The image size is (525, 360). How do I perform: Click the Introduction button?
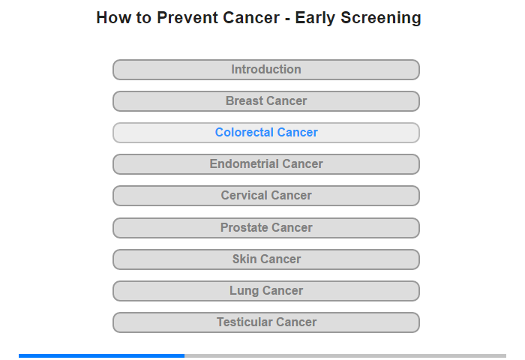tap(266, 70)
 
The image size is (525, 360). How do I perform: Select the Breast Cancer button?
tap(266, 101)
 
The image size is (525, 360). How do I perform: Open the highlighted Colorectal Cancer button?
tap(266, 133)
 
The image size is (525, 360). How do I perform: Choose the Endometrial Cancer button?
tap(266, 164)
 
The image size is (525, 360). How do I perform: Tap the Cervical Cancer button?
tap(266, 196)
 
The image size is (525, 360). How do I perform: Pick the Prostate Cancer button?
tap(266, 228)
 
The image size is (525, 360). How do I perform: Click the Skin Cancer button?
tap(266, 259)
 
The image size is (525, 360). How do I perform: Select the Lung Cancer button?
tap(266, 291)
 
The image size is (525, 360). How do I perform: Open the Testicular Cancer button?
tap(266, 322)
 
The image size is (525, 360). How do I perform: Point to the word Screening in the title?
tap(381, 18)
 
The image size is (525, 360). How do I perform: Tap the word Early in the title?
tap(315, 18)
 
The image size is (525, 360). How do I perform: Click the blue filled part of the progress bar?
tap(101, 355)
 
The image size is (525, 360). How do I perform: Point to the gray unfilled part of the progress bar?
tap(345, 355)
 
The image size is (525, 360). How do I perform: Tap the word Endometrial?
tap(244, 163)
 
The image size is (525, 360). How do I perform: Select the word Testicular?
tap(244, 322)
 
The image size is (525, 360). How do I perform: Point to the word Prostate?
tap(244, 227)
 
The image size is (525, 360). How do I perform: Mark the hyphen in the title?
tap(287, 19)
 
